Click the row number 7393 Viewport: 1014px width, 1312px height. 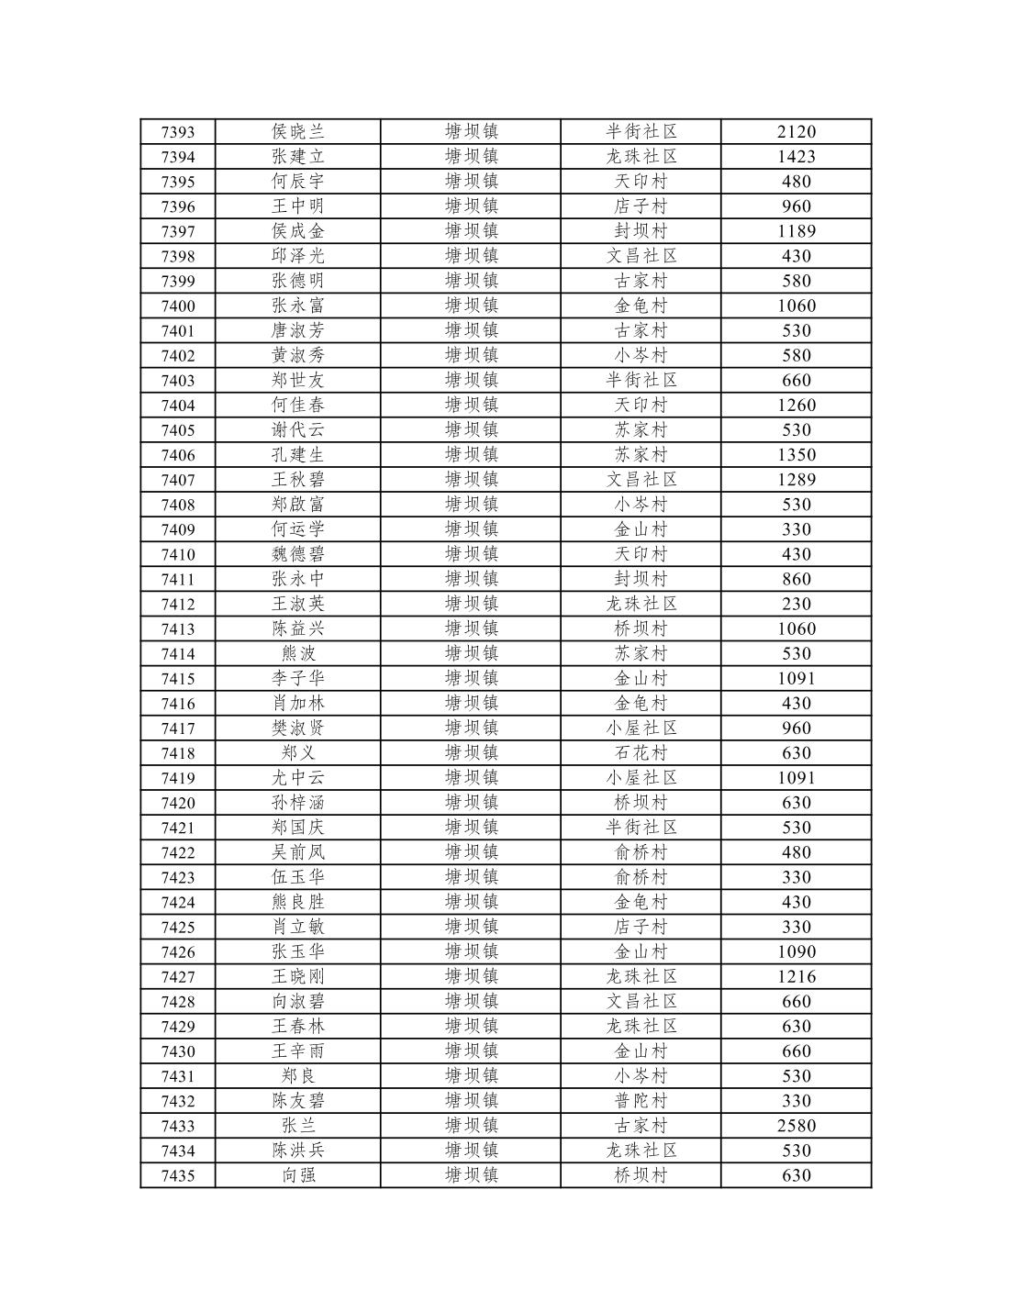(178, 132)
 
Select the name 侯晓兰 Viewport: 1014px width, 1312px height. (298, 132)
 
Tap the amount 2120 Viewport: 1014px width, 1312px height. (796, 132)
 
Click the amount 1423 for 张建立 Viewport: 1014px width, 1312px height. (796, 157)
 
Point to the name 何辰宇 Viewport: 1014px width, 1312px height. (298, 182)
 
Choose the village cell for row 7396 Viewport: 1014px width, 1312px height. (641, 206)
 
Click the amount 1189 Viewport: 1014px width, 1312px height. (796, 231)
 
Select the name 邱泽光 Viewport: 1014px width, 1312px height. (298, 256)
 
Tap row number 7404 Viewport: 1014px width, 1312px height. (178, 406)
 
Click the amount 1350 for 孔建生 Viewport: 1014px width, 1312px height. (796, 455)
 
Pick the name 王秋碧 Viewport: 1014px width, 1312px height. (298, 480)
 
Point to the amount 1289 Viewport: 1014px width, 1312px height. (796, 480)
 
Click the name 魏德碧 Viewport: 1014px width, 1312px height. (298, 554)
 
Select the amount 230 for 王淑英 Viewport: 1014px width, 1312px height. (796, 604)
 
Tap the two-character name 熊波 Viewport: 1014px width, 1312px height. (298, 653)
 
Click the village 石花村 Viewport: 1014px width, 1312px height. (641, 753)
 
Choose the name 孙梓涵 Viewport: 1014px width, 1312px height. (298, 803)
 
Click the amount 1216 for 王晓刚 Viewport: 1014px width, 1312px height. (796, 976)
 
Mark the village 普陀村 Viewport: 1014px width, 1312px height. (641, 1101)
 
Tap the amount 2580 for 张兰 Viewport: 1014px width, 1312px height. (796, 1126)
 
